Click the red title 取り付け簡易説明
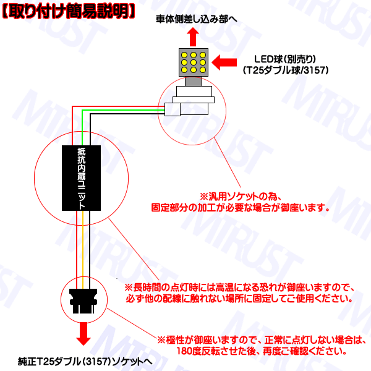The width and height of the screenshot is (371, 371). (69, 11)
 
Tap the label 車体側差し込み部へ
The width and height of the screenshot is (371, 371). (197, 19)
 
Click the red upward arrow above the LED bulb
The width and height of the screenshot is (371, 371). (193, 37)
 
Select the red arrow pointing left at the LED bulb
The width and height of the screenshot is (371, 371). (224, 62)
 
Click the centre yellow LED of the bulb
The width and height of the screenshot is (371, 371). (194, 62)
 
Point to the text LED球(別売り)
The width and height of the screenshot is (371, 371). (285, 59)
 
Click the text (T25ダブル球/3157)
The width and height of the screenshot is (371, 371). (286, 70)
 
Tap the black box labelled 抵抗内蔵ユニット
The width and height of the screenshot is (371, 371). (81, 178)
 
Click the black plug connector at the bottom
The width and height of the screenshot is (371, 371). (83, 301)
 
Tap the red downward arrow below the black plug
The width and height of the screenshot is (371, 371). (83, 334)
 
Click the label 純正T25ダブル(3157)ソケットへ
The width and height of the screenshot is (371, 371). (85, 361)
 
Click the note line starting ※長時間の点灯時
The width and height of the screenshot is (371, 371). (239, 288)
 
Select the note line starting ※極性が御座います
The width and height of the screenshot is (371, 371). (262, 340)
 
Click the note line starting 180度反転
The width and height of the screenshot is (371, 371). (262, 351)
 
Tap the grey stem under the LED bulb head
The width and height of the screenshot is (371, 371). (194, 82)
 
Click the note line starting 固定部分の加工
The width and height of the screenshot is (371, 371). (241, 208)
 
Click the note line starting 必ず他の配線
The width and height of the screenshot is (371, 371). (239, 299)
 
